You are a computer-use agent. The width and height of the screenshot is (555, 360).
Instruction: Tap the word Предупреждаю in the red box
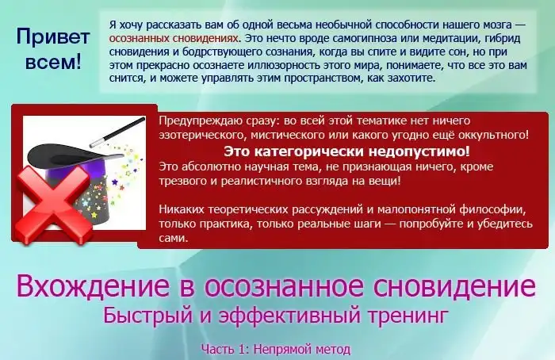(197, 121)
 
